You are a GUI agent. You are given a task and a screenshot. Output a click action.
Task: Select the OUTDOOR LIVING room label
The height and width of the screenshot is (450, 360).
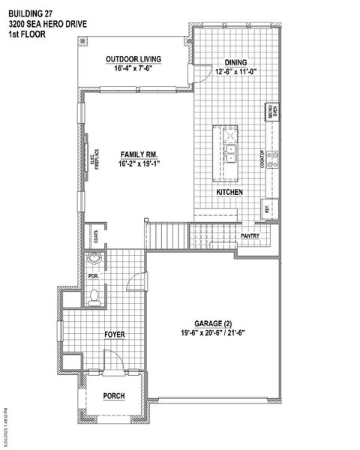[133, 59]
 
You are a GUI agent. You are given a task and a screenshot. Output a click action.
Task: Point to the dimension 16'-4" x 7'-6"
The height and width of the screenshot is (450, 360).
[133, 69]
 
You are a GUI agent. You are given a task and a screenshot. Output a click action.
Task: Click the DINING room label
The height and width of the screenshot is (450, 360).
[236, 62]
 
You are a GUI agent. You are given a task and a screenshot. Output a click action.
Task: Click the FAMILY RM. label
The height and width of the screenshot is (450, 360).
[139, 154]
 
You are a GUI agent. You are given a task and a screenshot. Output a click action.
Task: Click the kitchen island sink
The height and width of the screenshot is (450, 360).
[232, 154]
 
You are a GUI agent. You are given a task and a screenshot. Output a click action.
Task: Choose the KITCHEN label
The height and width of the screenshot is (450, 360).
[229, 193]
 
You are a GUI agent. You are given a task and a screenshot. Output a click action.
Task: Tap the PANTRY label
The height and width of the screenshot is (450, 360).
[250, 236]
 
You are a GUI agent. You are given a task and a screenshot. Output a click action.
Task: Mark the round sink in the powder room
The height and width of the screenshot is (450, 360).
[94, 260]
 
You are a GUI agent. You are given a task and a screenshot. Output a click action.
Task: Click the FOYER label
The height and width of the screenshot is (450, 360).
[114, 334]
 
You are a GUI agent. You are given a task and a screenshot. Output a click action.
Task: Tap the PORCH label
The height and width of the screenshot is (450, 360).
[114, 395]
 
